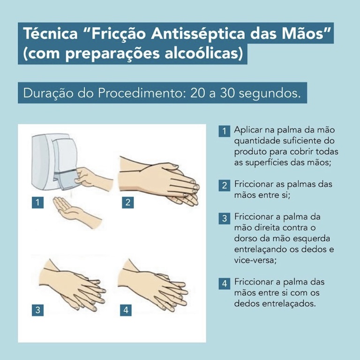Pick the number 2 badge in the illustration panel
click(127, 202)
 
